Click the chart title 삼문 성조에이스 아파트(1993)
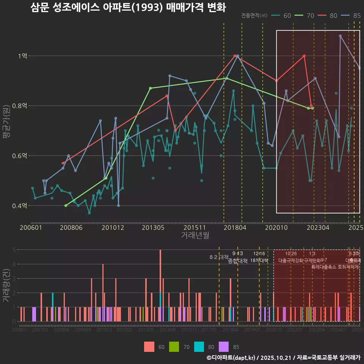click(x=128, y=8)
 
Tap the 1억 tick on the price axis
click(x=22, y=56)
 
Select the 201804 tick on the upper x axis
click(x=235, y=227)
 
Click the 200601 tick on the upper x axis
click(x=31, y=227)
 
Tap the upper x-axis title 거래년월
click(x=195, y=235)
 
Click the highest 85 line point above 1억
click(x=340, y=36)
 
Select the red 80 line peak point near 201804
click(x=235, y=56)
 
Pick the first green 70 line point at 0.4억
click(x=66, y=206)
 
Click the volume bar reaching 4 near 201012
click(x=103, y=292)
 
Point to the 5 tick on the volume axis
click(x=14, y=250)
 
